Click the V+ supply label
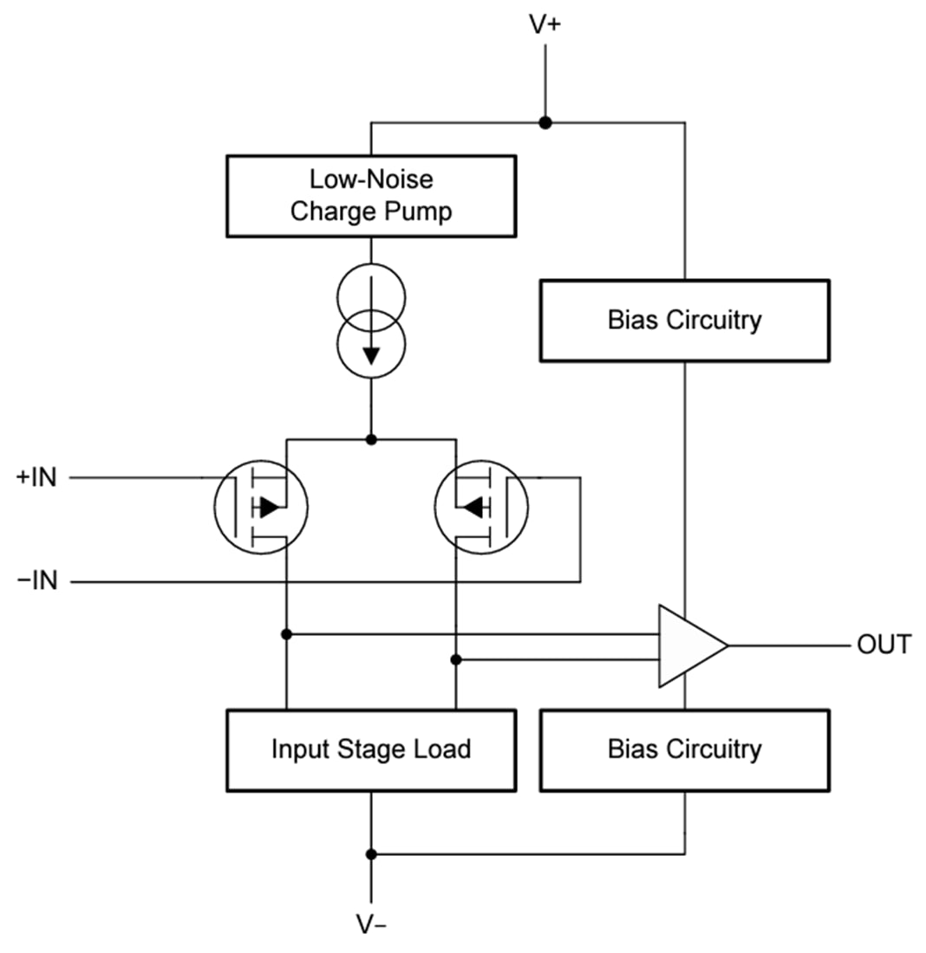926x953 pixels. click(x=545, y=24)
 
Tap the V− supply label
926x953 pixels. click(x=372, y=924)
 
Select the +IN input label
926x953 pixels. click(x=36, y=477)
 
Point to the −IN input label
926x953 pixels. click(x=37, y=581)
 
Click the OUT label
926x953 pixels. click(x=884, y=645)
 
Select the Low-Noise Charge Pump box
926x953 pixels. click(x=371, y=196)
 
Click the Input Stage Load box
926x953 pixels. click(x=371, y=749)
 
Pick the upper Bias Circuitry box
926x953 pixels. click(x=684, y=320)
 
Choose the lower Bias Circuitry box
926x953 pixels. click(x=684, y=749)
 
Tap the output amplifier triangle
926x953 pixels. click(x=688, y=645)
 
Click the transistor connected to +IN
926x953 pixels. click(x=261, y=507)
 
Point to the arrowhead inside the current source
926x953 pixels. click(x=371, y=355)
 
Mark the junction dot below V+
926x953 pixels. click(x=545, y=123)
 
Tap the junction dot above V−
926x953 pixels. click(x=371, y=854)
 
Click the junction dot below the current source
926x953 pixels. click(x=371, y=439)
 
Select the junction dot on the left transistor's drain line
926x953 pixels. click(x=287, y=634)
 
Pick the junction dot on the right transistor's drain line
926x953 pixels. click(x=456, y=660)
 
